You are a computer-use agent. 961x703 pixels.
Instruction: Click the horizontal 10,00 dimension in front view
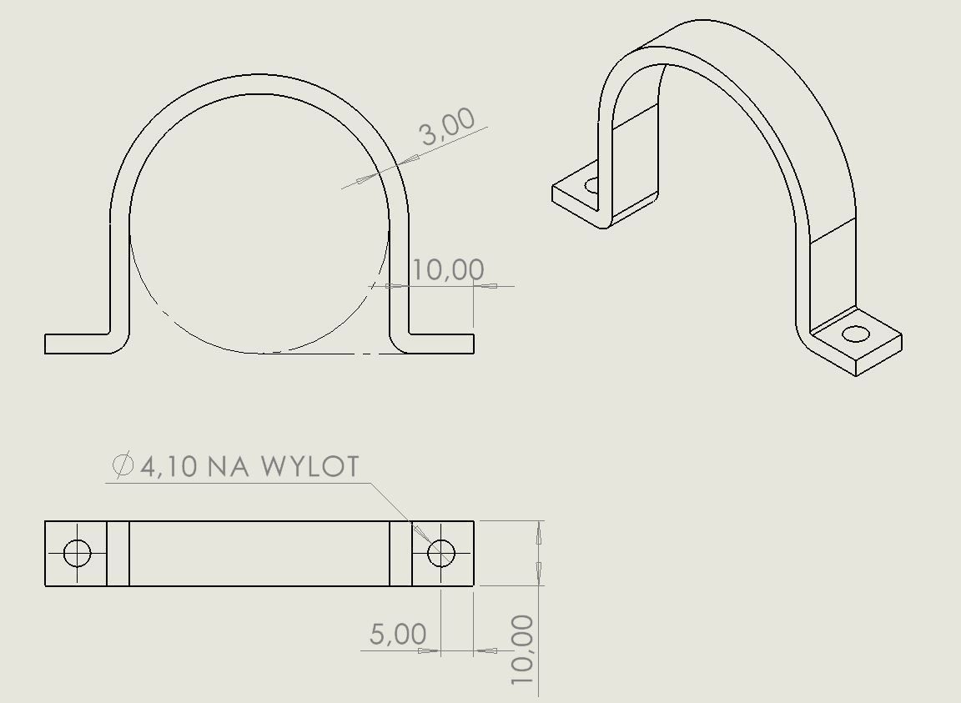[x=448, y=269]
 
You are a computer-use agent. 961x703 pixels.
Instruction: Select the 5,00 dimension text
[x=398, y=634]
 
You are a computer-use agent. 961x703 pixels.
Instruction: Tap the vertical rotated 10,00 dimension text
[x=522, y=650]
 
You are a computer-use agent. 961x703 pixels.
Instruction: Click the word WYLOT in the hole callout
[x=310, y=466]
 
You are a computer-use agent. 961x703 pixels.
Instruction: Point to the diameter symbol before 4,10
[x=123, y=464]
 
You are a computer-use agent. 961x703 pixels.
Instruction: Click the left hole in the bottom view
[x=77, y=553]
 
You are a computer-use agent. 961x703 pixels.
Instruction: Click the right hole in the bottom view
[x=440, y=553]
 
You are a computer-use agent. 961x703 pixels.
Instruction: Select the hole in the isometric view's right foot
[x=855, y=334]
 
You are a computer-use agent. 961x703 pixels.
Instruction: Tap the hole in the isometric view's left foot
[x=593, y=184]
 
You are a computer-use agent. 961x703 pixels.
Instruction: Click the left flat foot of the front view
[x=77, y=344]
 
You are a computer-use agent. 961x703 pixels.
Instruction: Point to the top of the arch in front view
[x=259, y=83]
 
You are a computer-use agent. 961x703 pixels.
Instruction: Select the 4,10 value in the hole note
[x=169, y=466]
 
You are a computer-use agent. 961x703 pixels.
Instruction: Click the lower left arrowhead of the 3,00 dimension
[x=364, y=180]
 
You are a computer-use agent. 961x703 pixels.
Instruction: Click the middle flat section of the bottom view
[x=259, y=553]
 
